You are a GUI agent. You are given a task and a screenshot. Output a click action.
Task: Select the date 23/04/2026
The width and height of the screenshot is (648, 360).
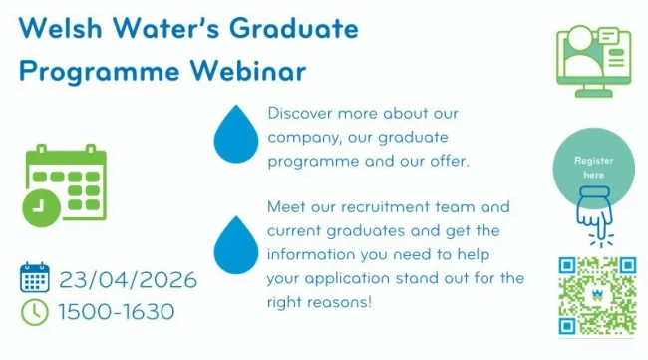point(128,279)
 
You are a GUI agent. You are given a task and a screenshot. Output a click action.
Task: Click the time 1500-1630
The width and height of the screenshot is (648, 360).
point(116,311)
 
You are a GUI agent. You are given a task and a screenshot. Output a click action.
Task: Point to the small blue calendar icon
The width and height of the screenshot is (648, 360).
point(35,278)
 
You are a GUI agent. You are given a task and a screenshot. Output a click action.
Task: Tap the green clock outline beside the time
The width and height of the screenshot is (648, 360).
point(35,311)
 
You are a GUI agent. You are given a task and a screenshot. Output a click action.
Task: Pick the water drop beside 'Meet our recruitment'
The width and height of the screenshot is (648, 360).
point(234,243)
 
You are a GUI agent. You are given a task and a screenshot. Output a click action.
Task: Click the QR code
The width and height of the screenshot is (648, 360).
point(596,295)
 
